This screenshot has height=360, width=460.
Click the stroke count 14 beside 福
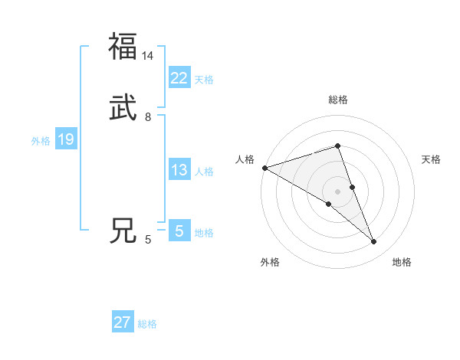(x=148, y=56)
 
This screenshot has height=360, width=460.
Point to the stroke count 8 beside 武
(x=148, y=118)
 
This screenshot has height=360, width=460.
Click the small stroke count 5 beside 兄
(x=148, y=241)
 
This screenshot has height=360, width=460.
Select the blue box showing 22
(x=179, y=78)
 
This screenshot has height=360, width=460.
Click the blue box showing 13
(x=179, y=171)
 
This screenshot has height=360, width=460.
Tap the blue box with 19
(x=65, y=140)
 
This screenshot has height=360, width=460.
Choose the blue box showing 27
(x=123, y=322)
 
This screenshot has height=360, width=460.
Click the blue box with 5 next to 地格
(x=179, y=231)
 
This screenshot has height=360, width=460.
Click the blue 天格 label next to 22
(x=204, y=80)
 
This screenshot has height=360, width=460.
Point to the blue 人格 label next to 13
(x=204, y=172)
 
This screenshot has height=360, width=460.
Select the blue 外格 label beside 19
(x=41, y=141)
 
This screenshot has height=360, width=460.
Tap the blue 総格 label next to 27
(x=147, y=324)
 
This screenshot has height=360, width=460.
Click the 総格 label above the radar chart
(x=337, y=100)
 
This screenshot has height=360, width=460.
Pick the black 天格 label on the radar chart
(x=432, y=159)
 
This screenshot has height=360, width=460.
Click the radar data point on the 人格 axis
(x=264, y=167)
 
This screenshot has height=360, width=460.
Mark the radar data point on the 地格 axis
(x=374, y=242)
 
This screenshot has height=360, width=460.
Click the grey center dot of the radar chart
(x=337, y=191)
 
